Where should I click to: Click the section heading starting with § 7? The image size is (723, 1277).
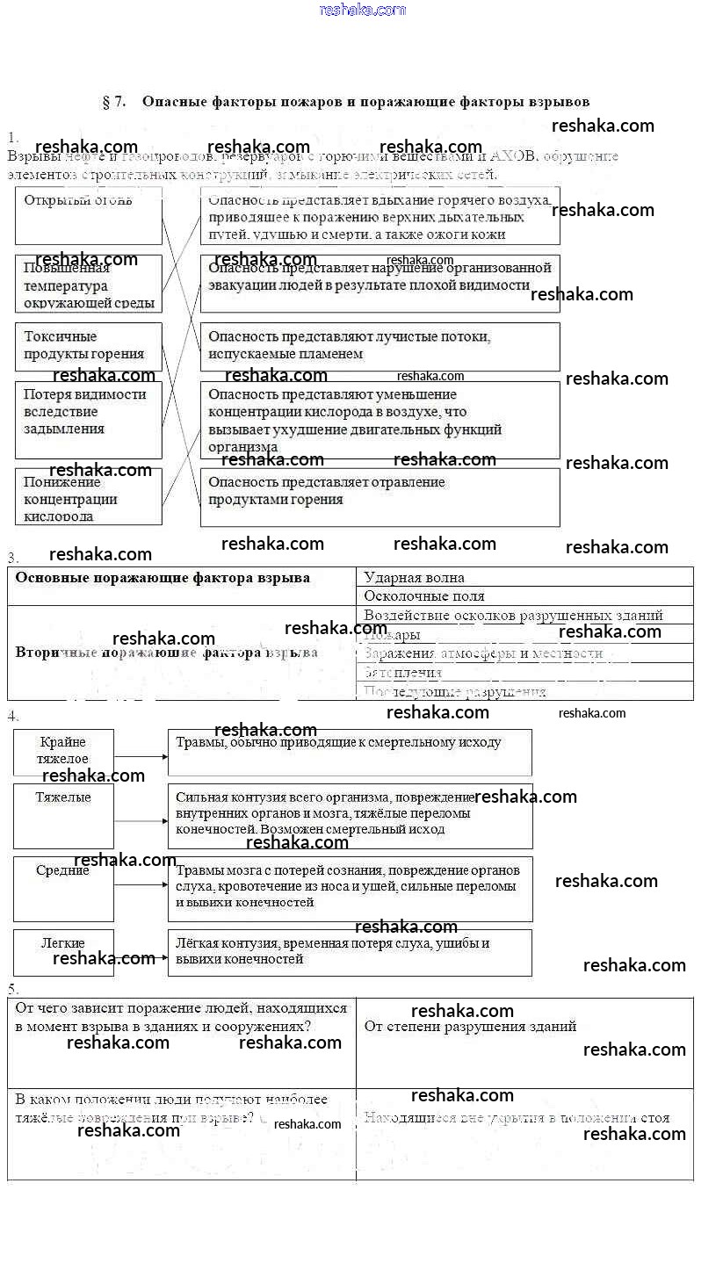click(x=345, y=102)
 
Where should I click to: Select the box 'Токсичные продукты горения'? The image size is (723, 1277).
click(x=88, y=346)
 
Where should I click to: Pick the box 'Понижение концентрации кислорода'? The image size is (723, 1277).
click(x=88, y=496)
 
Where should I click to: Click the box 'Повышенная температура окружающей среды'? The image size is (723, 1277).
click(x=88, y=284)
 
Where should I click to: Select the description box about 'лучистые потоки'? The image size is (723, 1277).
click(x=380, y=346)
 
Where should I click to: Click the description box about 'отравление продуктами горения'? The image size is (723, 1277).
click(x=380, y=496)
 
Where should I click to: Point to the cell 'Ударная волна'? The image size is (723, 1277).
click(x=524, y=577)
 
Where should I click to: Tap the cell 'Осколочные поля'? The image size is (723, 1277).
click(x=524, y=596)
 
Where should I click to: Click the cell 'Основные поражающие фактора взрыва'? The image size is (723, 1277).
click(x=182, y=586)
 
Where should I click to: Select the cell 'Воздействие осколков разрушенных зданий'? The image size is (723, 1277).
click(x=524, y=616)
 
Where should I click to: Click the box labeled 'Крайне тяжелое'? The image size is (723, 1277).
click(x=63, y=752)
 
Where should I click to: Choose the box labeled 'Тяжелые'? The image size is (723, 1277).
click(x=63, y=816)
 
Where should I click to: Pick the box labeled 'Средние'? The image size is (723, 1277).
click(x=63, y=888)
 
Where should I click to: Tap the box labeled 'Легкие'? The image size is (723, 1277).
click(x=63, y=952)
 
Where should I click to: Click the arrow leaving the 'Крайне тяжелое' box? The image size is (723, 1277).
click(x=141, y=755)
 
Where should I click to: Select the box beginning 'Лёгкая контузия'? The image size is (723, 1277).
click(x=350, y=952)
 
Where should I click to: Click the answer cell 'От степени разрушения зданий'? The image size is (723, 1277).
click(x=524, y=1043)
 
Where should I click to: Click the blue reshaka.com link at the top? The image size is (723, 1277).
click(x=362, y=10)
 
